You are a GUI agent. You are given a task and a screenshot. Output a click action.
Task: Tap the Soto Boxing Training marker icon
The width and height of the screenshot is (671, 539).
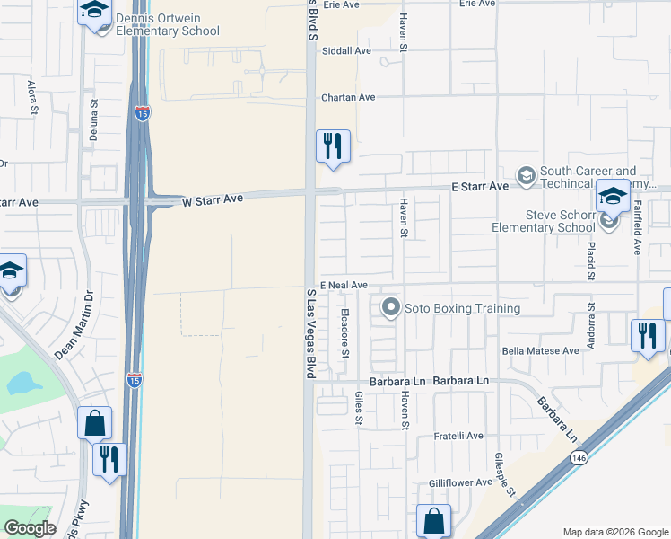coord(390,308)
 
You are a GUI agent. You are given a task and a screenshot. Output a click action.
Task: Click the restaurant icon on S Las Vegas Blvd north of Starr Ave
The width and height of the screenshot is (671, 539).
coord(332,146)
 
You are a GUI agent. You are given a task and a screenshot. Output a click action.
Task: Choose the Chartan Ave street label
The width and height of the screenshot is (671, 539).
coord(350,97)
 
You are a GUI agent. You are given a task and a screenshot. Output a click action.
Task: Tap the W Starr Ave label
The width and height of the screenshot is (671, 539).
coord(213,199)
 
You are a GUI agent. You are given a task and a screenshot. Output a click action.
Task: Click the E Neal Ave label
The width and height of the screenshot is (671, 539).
coord(343,285)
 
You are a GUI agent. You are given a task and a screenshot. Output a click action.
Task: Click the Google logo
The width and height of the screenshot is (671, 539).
coord(30,528)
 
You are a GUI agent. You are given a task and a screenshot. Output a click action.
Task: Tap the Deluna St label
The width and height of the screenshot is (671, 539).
coord(93,115)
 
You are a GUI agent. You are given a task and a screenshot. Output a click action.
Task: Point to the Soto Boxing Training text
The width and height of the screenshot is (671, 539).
coord(462,308)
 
